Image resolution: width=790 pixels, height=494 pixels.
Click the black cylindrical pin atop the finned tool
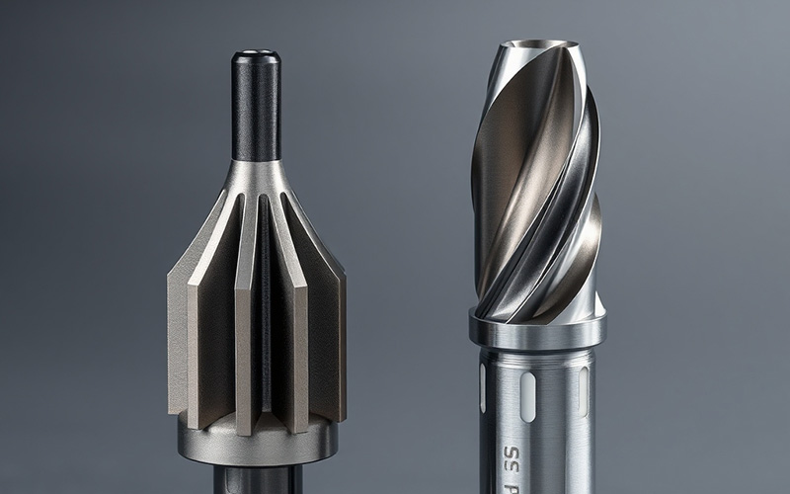tap(256, 109)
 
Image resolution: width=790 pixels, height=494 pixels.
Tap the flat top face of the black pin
tap(256, 54)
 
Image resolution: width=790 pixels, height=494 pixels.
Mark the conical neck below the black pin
tap(256, 178)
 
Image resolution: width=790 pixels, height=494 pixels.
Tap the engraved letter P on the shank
tap(511, 487)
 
